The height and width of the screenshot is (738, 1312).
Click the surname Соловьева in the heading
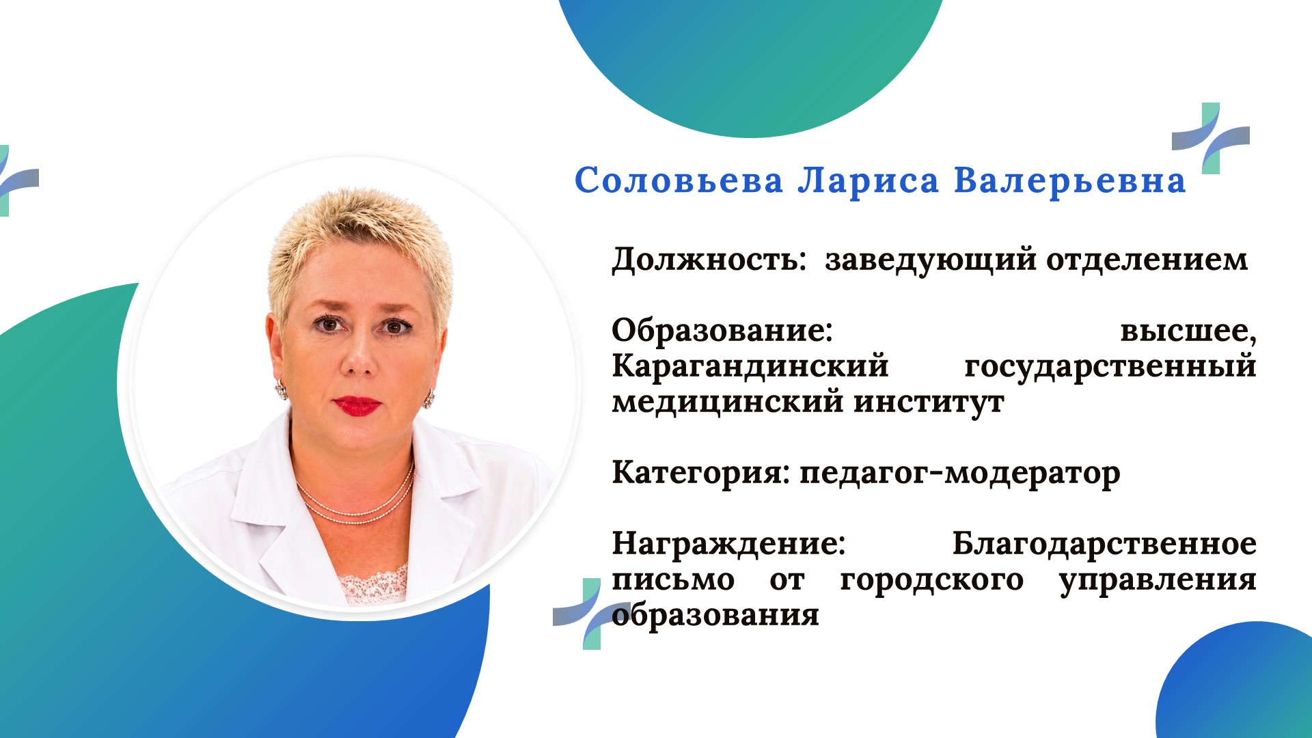pos(679,180)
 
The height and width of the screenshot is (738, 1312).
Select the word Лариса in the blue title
pos(868,182)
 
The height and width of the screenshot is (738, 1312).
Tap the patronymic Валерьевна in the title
pos(1069,182)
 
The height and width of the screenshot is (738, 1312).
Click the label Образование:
pos(722,331)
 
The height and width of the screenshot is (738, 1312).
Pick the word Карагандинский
pos(750,367)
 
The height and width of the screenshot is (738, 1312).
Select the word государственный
pos(1110,367)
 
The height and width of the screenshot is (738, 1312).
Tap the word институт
pos(929,402)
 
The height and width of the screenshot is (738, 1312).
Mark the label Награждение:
pos(728,545)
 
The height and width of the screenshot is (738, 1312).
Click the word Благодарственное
pos(1104,545)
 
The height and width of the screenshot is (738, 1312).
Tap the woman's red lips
pos(357,406)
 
